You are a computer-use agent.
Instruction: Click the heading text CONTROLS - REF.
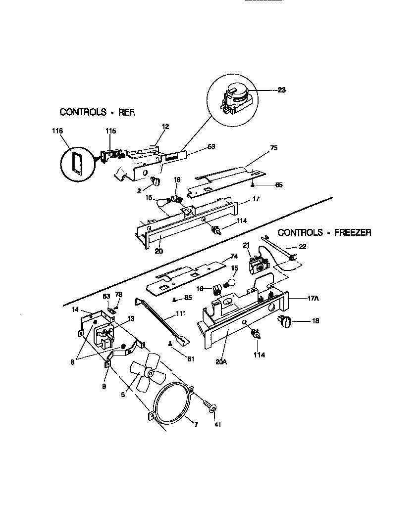[x=97, y=112]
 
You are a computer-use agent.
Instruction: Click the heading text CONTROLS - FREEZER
[x=324, y=232]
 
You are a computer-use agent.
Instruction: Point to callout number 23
[x=281, y=90]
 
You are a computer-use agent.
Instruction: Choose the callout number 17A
[x=313, y=298]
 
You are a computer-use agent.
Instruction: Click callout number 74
[x=234, y=256]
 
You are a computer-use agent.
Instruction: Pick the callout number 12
[x=165, y=127]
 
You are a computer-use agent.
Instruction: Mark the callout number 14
[x=75, y=310]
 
